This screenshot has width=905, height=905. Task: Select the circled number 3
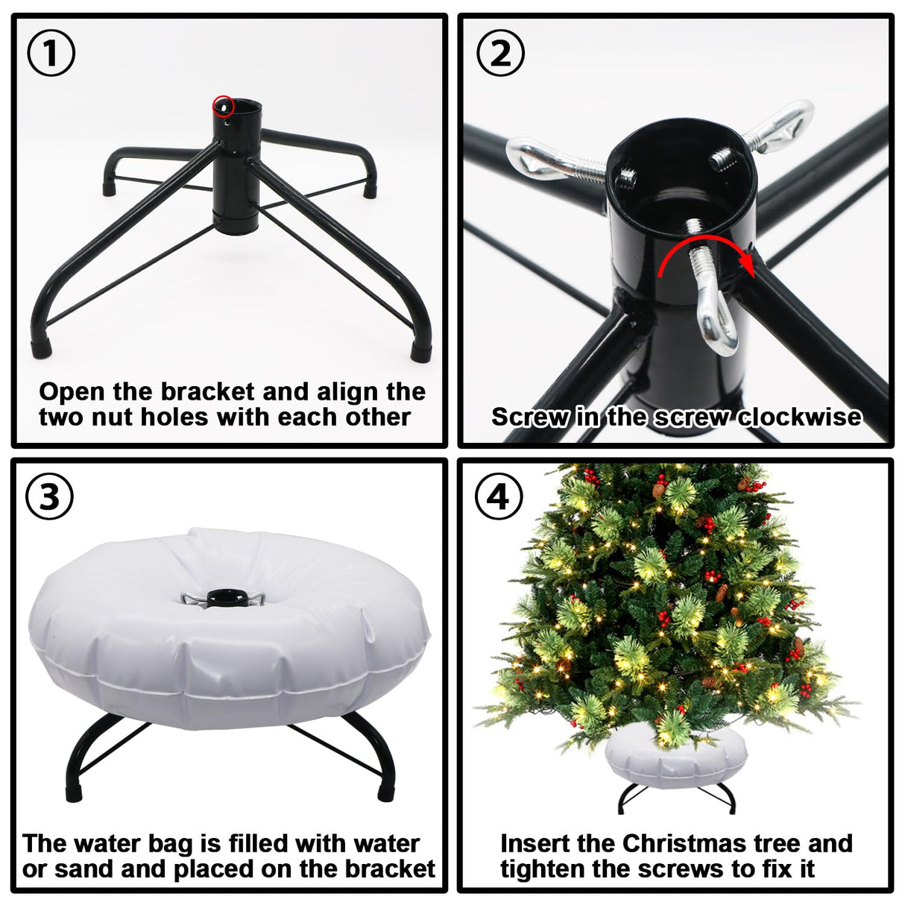pos(49,496)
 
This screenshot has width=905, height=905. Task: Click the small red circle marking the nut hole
pos(223,106)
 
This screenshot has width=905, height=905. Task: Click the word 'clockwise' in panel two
pos(800,416)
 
